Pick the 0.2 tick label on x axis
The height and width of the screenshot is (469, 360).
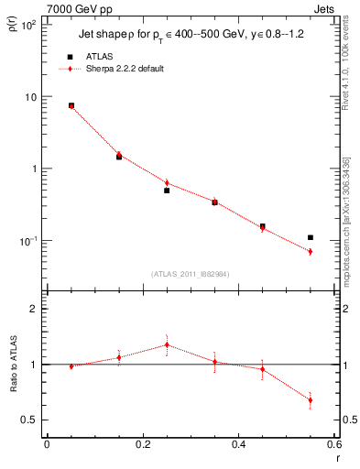[143, 446]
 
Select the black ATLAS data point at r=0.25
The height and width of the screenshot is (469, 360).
[167, 191]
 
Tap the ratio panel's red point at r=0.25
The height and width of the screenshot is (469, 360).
[167, 344]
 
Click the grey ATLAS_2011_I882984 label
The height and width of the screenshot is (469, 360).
[191, 273]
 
